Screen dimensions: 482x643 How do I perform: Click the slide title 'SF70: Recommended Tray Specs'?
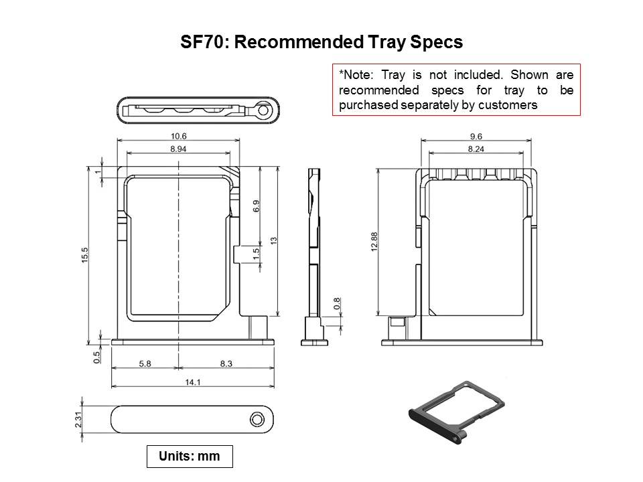(x=321, y=42)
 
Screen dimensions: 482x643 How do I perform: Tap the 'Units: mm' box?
(x=189, y=456)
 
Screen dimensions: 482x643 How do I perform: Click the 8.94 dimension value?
(x=178, y=149)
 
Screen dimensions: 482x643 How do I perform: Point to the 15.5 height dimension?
(x=85, y=256)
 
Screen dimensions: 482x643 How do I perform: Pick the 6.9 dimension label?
(x=256, y=207)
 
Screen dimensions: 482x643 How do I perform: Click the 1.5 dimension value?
(x=256, y=254)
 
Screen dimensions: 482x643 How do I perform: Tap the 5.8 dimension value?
(x=145, y=364)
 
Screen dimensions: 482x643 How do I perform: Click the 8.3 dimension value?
(x=226, y=364)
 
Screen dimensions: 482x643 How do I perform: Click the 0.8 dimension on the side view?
(x=336, y=305)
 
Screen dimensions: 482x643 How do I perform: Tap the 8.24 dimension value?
(x=476, y=149)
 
